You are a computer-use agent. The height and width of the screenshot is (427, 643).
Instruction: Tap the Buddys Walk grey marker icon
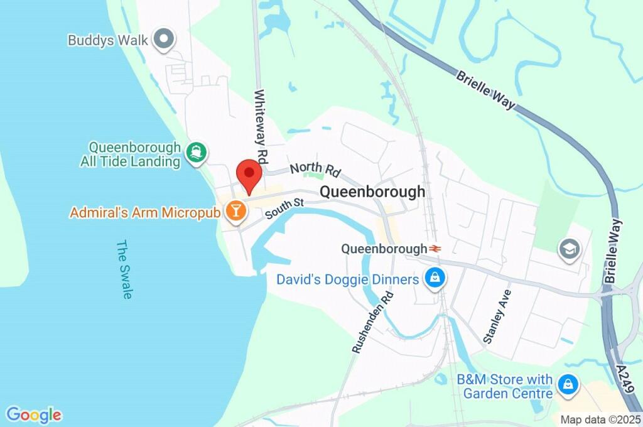[x=165, y=40]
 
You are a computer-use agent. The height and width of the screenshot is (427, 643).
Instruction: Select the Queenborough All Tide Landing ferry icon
[x=197, y=153]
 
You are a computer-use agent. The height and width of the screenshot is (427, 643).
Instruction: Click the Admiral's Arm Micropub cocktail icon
[x=236, y=212]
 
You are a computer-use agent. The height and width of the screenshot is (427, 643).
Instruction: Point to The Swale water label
[x=124, y=269]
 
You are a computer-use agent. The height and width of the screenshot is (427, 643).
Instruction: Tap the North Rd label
[x=315, y=169]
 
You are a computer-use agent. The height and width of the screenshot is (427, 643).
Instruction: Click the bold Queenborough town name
[x=372, y=192]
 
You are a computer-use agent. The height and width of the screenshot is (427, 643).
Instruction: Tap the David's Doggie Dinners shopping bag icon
[x=434, y=277]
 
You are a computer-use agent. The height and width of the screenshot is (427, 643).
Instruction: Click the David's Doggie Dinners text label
[x=347, y=279]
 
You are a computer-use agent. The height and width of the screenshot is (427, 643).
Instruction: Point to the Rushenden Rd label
[x=373, y=322]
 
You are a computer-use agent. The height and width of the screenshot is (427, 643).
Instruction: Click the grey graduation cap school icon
[x=569, y=249]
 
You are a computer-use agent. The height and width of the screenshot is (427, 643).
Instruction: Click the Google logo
[x=34, y=415]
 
